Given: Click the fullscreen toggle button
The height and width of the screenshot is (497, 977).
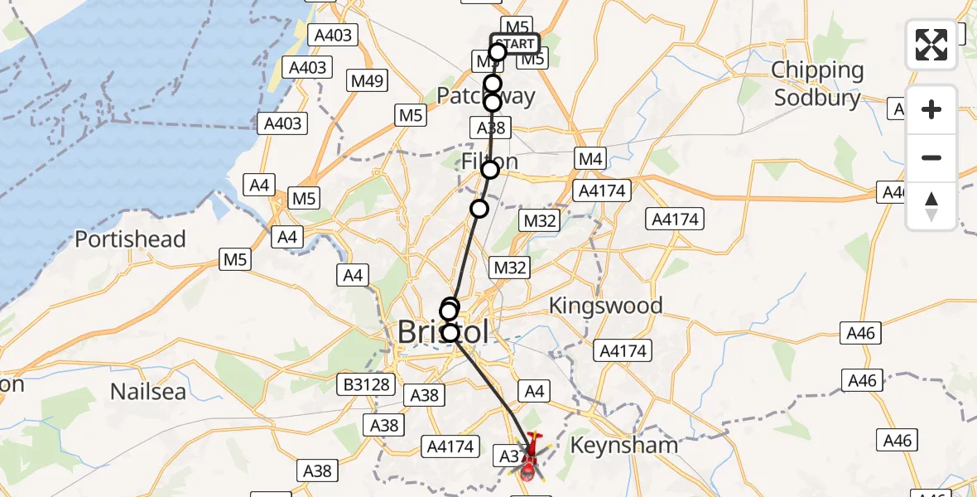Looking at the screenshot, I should point(931,45).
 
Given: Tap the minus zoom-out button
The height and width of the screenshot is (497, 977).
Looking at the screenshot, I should point(931,157).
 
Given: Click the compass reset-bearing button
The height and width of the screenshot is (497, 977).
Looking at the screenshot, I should point(931,206).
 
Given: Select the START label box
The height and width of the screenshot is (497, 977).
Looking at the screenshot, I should point(515,43).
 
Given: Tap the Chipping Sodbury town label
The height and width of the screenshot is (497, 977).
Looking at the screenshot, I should point(817,84).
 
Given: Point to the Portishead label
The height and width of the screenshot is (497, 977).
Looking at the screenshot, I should point(130,239).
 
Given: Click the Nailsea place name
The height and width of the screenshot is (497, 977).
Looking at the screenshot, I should point(148,391).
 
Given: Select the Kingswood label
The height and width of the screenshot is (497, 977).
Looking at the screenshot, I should point(606,306).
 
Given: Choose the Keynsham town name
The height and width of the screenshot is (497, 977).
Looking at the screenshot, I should point(624,445).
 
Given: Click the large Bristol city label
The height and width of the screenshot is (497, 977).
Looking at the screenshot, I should point(443,331).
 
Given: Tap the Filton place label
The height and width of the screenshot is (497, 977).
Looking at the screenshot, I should point(489,160).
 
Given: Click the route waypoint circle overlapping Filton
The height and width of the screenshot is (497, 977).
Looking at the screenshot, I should point(490,169).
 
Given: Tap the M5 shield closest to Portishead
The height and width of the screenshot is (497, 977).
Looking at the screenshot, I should point(236,260).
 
